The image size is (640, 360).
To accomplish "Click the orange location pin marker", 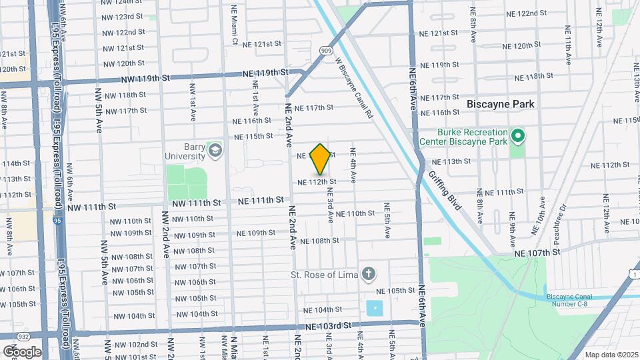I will coord(320,159).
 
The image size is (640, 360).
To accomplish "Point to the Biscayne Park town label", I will coord(501,104).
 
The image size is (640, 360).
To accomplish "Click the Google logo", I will coord(21,351).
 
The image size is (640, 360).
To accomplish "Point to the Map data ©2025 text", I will coord(611,355).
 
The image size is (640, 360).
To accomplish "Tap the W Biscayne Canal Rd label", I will coord(353,86).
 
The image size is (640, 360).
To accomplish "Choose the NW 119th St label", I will coord(143,79).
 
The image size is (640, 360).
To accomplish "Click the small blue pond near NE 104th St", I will coord(375,309).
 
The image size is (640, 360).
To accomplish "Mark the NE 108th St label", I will coord(319,241).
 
